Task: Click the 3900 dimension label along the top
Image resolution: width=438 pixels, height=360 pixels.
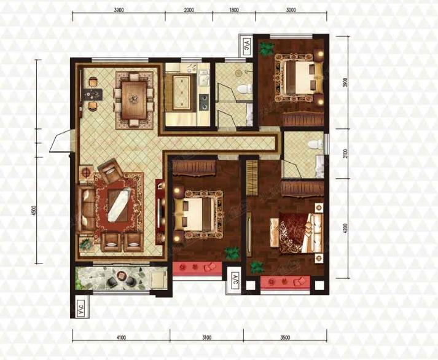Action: [119, 10]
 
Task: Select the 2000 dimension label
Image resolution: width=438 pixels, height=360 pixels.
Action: [189, 10]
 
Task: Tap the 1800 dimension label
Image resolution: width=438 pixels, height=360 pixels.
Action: [234, 10]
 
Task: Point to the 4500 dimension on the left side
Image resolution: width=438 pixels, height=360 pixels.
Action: [34, 210]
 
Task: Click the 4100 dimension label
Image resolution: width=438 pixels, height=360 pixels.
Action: [121, 337]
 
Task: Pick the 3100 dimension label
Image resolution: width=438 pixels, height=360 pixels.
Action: [206, 337]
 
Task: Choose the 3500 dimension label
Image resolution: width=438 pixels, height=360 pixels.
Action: [285, 337]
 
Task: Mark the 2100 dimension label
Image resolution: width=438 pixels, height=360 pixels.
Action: [345, 154]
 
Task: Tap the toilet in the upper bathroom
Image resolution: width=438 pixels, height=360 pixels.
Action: [244, 89]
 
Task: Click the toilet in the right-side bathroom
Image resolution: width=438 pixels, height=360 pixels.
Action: [315, 144]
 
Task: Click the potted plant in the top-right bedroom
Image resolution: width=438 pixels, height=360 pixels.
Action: [266, 48]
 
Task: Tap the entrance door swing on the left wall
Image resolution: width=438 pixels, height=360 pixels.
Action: [60, 141]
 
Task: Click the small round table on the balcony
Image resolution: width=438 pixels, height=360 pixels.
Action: [122, 275]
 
